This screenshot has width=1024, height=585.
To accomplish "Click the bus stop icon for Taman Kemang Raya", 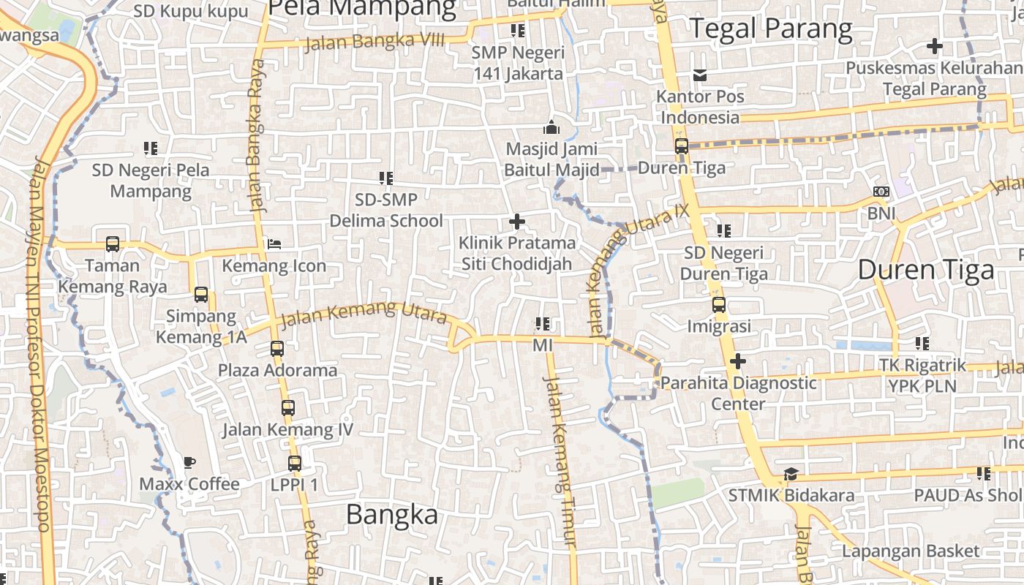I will click(113, 244).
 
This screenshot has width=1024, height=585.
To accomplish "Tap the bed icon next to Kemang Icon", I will click(274, 244).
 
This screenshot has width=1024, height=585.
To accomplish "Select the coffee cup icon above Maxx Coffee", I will click(189, 462).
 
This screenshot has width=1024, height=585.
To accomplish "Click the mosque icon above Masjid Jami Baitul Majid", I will click(551, 128).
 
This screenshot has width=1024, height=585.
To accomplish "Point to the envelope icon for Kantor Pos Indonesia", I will click(700, 75).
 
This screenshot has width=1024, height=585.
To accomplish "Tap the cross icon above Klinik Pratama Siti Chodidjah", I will click(517, 221).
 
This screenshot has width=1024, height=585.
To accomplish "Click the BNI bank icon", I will click(881, 192).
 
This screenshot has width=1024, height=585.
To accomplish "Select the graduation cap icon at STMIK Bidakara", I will click(791, 474).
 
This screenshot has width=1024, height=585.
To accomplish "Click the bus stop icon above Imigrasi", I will click(719, 304).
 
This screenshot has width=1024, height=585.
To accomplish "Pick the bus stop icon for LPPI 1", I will click(294, 463).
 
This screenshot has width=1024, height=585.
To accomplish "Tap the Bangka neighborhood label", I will click(392, 514).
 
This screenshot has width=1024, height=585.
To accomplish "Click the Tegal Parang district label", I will click(772, 29).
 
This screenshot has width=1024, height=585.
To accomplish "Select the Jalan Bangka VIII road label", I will click(374, 41).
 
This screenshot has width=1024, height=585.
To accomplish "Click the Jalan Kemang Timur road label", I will click(561, 461).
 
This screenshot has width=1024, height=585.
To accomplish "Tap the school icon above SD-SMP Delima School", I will click(386, 178).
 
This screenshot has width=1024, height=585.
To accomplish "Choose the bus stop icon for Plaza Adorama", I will click(277, 348).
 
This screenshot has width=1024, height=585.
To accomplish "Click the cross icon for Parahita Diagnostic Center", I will click(738, 361).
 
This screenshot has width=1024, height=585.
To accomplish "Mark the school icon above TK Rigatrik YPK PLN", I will click(922, 343).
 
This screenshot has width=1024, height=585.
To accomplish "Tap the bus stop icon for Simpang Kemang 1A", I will click(201, 295).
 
